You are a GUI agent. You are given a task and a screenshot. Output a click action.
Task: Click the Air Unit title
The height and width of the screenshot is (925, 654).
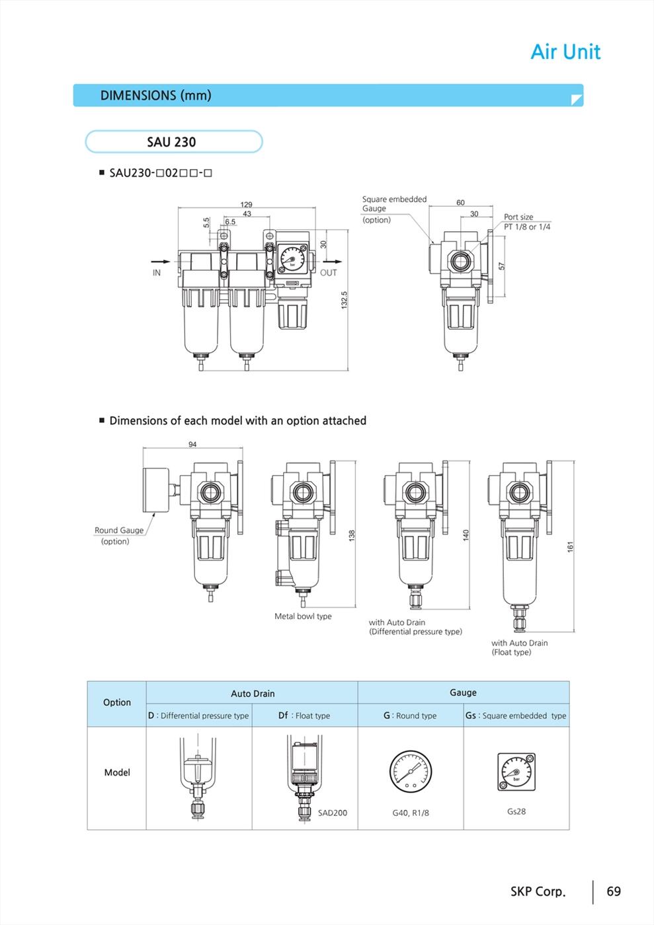(565, 52)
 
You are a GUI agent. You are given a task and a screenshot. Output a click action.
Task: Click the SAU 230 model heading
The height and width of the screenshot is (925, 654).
(171, 142)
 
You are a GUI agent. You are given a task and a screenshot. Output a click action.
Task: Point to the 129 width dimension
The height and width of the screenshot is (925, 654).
(246, 204)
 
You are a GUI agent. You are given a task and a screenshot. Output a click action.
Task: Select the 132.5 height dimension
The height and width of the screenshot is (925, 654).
(345, 300)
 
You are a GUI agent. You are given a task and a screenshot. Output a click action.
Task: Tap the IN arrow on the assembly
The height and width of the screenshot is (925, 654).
(161, 262)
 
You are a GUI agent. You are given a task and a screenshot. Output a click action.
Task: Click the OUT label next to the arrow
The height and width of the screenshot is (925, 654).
(328, 272)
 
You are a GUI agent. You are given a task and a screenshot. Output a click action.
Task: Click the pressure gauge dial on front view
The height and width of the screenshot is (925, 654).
(292, 259)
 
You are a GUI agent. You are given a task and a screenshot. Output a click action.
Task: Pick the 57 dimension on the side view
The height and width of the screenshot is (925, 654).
(502, 266)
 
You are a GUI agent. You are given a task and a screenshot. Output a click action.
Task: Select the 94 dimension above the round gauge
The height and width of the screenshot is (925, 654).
(192, 444)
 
